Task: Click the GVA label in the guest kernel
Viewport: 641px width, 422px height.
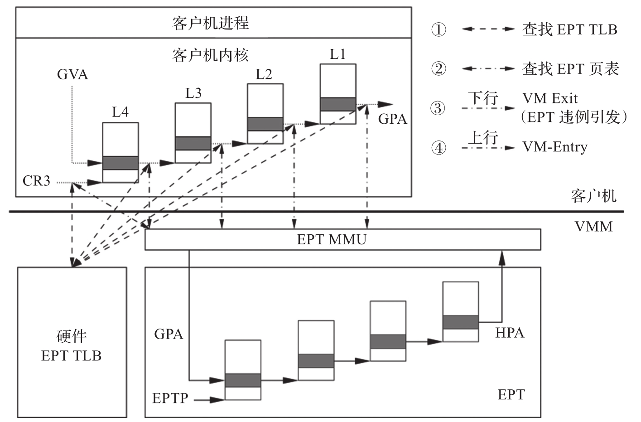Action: (72, 74)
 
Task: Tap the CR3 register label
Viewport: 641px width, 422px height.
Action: (36, 181)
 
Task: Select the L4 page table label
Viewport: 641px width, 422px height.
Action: (120, 112)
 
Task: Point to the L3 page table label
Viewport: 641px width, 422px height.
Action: (193, 93)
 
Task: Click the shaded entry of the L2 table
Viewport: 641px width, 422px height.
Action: (265, 124)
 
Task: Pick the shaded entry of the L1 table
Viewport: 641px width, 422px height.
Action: (338, 104)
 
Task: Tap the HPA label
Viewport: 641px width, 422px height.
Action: (510, 333)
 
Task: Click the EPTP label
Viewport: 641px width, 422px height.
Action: (170, 398)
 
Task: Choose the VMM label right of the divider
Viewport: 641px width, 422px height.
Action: (593, 226)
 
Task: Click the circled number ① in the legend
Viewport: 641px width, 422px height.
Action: (439, 30)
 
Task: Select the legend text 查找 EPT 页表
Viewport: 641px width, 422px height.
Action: (570, 69)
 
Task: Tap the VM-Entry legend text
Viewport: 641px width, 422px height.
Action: (555, 147)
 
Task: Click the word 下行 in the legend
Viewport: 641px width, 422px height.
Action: (483, 97)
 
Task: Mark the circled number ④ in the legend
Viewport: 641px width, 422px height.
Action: (439, 148)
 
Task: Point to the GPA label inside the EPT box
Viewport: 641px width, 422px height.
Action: (169, 334)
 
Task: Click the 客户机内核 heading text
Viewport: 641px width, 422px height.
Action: (210, 55)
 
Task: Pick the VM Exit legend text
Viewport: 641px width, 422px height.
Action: (550, 98)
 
